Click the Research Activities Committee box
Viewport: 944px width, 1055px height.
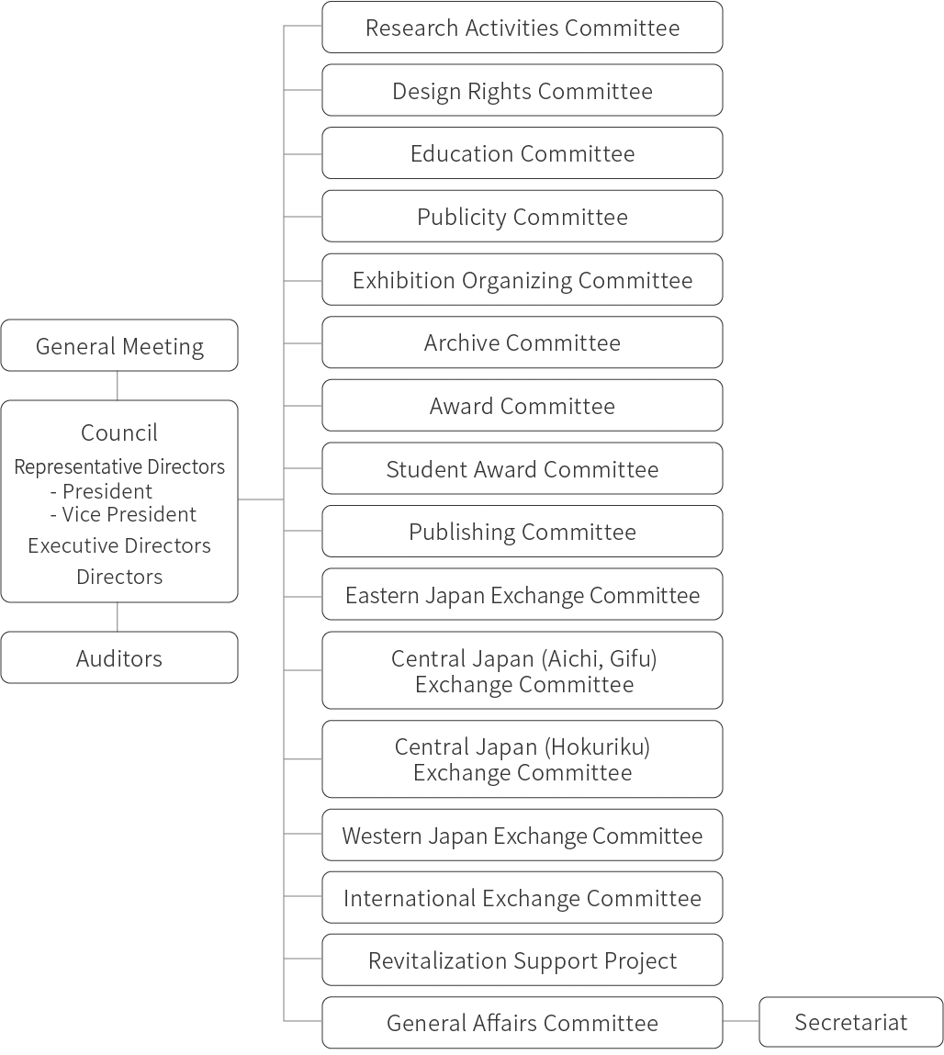pos(522,28)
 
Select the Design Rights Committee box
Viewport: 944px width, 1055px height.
pos(522,91)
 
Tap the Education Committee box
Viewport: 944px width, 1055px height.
pos(522,153)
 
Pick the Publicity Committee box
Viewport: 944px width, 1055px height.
pos(522,217)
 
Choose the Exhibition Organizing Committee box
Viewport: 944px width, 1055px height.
pos(522,280)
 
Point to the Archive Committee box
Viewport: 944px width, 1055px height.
pos(522,342)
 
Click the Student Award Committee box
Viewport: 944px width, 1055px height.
pos(522,469)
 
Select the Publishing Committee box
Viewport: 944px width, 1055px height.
pos(522,532)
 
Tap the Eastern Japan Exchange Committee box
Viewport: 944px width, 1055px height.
pos(522,595)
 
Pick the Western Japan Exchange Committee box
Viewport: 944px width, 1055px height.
pos(522,836)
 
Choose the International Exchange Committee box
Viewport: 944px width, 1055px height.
pos(522,898)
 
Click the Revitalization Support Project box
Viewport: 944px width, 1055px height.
pos(522,960)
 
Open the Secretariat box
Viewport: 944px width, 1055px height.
pos(850,1022)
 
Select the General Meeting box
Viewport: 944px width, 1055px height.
pos(119,346)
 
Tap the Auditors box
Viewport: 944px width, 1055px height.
pos(119,658)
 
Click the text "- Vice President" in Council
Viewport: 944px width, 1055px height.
pos(123,514)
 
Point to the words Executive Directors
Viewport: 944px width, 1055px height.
pos(119,545)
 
